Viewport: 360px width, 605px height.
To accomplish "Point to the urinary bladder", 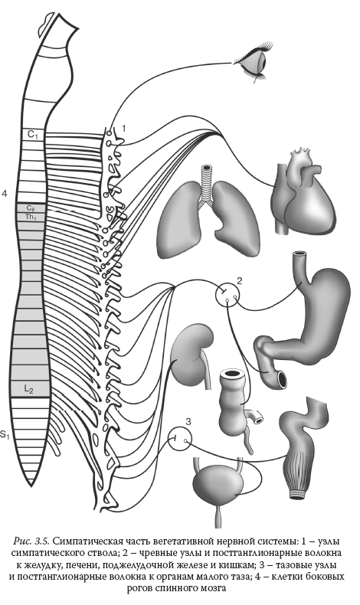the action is pos(218,483).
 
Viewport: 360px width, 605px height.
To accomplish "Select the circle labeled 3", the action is pos(179,439).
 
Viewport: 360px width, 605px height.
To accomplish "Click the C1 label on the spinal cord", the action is pos(33,135).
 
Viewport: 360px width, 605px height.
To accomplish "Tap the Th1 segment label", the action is pos(31,217).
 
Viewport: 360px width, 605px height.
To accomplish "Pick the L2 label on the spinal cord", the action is pos(29,390).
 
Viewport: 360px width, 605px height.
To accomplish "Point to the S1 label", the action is pos(5,435).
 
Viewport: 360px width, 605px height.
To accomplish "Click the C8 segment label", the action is pos(31,208).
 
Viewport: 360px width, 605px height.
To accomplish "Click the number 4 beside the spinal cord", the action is pos(5,194).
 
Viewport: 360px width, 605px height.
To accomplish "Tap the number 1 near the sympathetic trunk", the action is pos(123,128).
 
